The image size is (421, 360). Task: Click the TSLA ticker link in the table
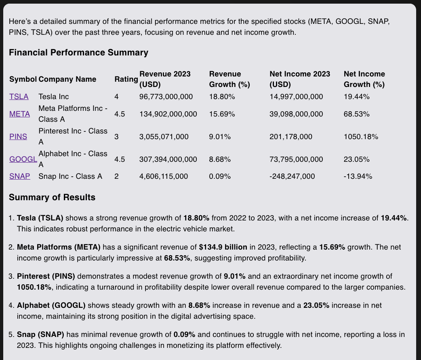click(19, 97)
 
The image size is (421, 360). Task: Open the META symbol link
click(20, 114)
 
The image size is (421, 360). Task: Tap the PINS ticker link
click(18, 137)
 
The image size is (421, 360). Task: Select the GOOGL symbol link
click(23, 159)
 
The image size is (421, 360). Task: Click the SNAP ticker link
click(20, 176)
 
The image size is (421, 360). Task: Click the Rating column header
click(126, 79)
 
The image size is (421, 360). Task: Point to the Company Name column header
click(67, 79)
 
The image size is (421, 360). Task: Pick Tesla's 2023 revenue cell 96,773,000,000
click(166, 97)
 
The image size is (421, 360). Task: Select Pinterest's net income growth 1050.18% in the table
click(361, 137)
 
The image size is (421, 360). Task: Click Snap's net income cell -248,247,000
click(292, 176)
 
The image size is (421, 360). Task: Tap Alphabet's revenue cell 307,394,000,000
click(168, 159)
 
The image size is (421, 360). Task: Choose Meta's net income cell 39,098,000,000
click(296, 114)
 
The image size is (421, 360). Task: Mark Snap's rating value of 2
click(116, 176)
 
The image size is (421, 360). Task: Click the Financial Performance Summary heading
click(78, 53)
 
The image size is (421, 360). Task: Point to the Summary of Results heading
click(52, 197)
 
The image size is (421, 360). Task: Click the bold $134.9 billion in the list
click(223, 247)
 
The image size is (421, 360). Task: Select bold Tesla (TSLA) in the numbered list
click(40, 218)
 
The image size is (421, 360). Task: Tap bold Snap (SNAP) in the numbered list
click(40, 335)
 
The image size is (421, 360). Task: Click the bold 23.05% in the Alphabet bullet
click(316, 305)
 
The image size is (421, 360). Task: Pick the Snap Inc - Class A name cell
click(70, 176)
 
